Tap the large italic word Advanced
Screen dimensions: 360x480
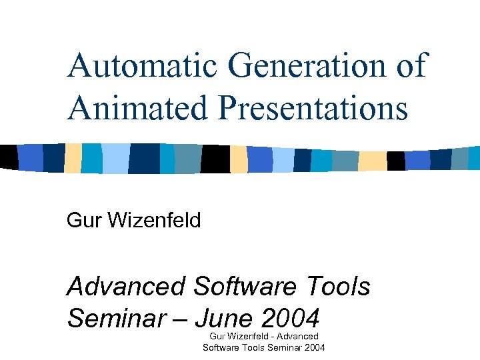coord(126,287)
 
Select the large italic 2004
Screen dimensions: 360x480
coord(291,318)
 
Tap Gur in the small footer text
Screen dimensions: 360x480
coord(217,336)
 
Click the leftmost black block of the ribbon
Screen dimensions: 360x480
coord(8,157)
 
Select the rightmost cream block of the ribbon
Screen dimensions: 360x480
coord(372,161)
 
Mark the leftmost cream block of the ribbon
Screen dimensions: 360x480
coord(73,158)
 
